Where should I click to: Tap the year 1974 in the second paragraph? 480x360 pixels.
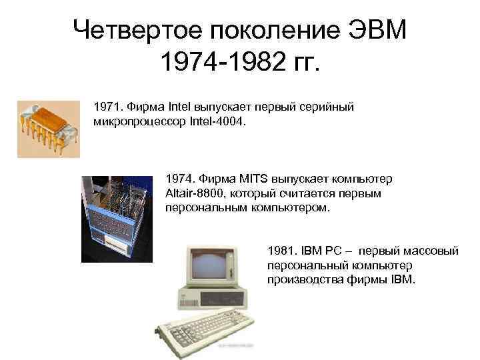click(x=179, y=180)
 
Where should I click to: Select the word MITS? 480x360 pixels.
click(x=253, y=180)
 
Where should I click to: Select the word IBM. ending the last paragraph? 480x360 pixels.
click(x=400, y=280)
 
